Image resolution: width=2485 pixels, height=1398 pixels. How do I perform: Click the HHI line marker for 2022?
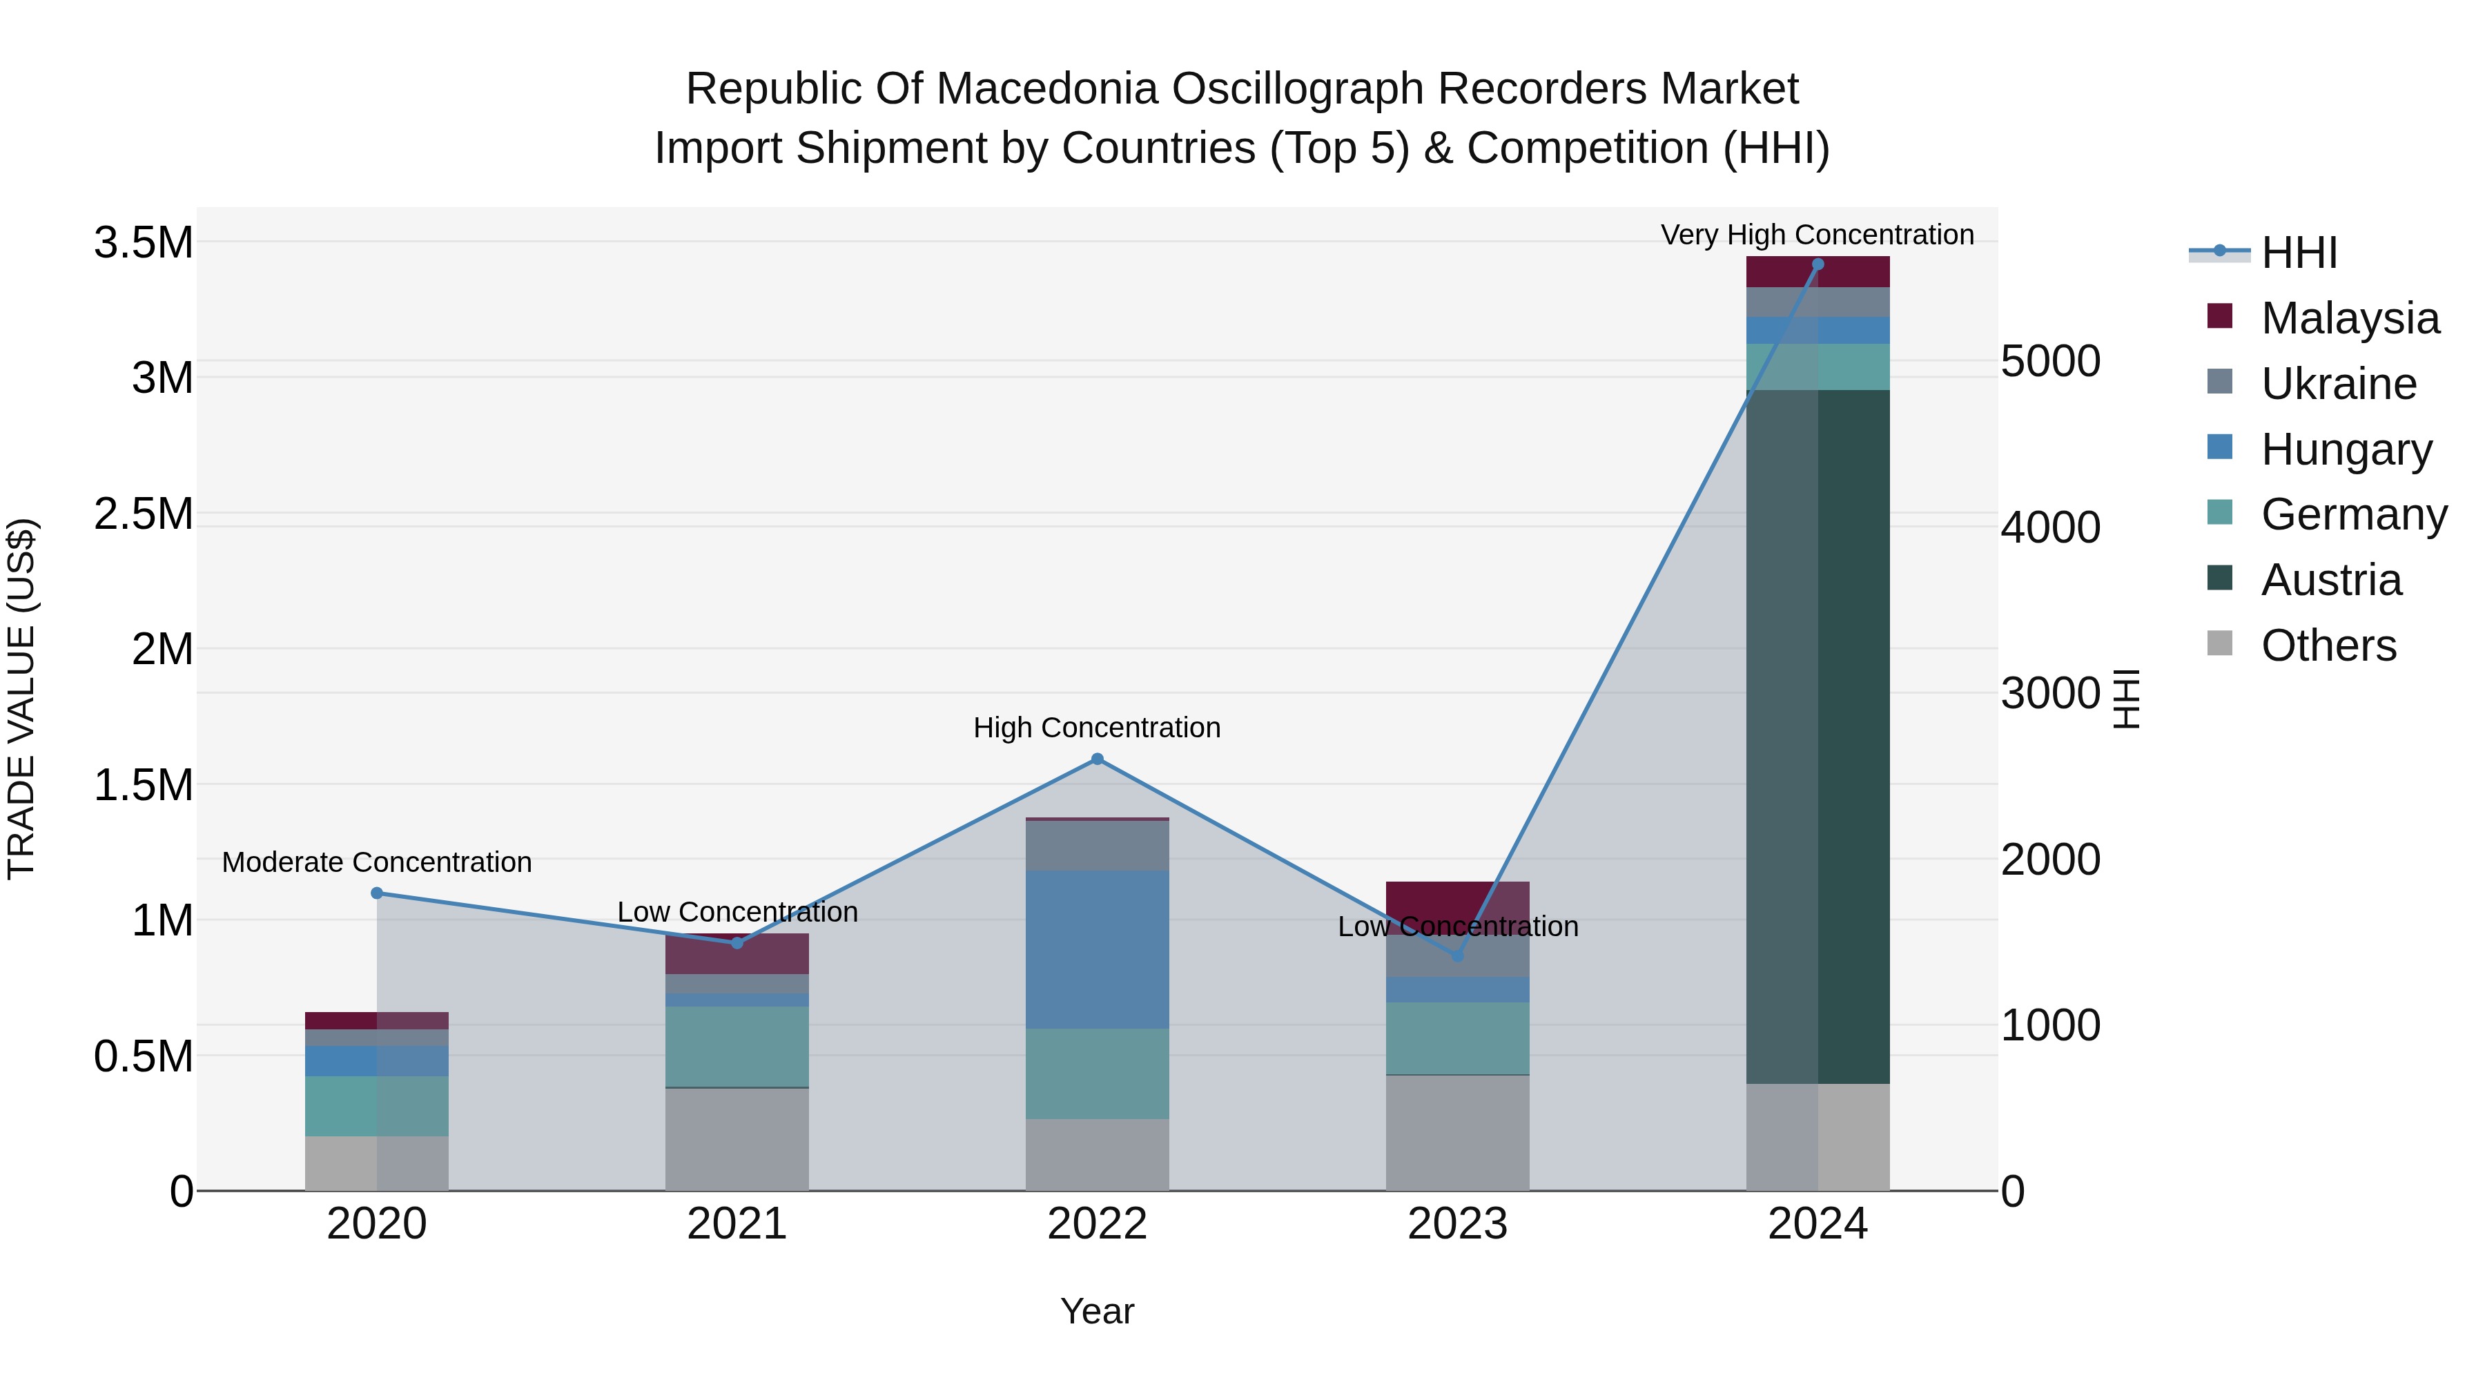(1097, 759)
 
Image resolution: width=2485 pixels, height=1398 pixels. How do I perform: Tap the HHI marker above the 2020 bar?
(377, 893)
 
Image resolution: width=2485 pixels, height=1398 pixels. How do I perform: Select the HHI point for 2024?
(1818, 264)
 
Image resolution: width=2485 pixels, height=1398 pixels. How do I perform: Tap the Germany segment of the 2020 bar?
(377, 1106)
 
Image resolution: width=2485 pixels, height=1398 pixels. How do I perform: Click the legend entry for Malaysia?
(2350, 318)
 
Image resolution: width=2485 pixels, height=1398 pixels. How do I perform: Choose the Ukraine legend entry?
(2339, 384)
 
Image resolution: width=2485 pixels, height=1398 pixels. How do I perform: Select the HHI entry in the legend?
(2299, 253)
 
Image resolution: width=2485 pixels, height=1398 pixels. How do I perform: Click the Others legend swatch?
(2220, 643)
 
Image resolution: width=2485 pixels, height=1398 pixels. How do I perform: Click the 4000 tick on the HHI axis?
(2050, 527)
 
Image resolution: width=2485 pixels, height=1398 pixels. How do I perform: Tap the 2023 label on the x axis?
(1458, 1224)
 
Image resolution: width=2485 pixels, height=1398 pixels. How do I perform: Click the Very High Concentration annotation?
(1818, 235)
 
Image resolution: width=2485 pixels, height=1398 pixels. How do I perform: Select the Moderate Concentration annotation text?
(377, 862)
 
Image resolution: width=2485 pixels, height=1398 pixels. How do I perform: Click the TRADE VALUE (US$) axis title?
(21, 699)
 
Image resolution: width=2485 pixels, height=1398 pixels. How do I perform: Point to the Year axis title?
(1097, 1311)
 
